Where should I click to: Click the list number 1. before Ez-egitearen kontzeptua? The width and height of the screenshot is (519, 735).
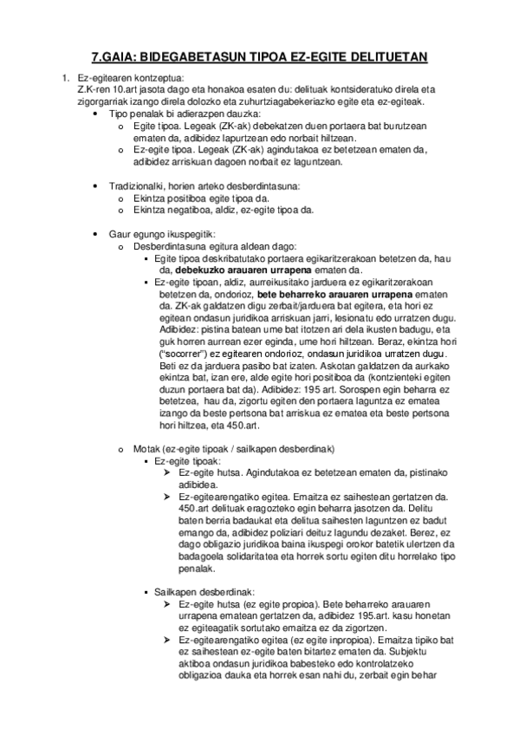tap(65, 79)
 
